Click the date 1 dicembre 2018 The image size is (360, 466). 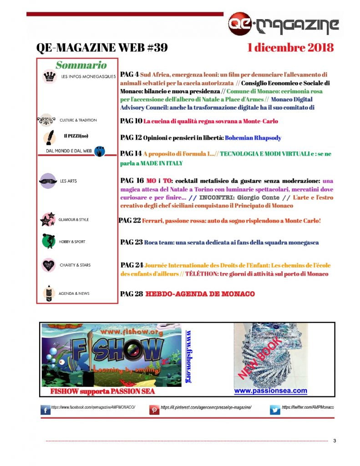[290, 47]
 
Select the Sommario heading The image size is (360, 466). [81, 65]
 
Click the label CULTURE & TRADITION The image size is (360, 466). [78, 120]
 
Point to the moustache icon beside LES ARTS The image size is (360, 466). [48, 181]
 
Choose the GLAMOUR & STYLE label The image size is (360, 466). [74, 220]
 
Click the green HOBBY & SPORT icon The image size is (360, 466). [48, 241]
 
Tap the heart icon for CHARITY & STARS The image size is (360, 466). [48, 265]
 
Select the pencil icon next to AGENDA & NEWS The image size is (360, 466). [48, 293]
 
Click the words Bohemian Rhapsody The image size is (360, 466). [253, 137]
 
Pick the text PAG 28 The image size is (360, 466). [132, 294]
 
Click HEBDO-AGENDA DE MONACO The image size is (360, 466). [200, 294]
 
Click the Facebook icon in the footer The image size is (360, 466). [45, 410]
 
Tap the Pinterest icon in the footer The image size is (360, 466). [154, 410]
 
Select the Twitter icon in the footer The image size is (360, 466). [275, 410]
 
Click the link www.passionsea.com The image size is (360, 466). [270, 390]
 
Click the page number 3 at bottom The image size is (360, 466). [335, 441]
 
